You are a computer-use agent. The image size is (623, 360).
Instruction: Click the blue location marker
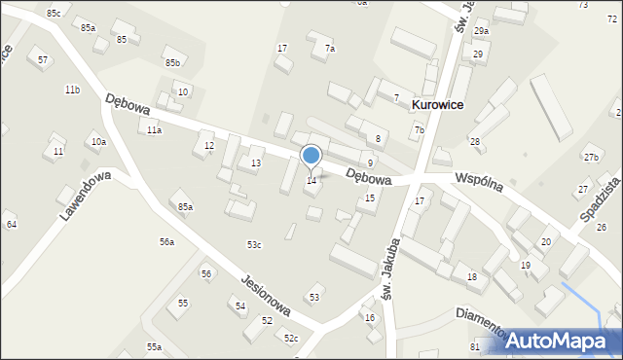coord(311,156)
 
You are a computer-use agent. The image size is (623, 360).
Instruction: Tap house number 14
coord(311,181)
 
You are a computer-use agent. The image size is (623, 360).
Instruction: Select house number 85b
coord(172,63)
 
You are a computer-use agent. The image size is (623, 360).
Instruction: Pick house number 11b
coord(72,90)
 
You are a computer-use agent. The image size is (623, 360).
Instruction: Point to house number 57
coord(43,60)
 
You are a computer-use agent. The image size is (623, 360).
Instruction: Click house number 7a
coord(330,49)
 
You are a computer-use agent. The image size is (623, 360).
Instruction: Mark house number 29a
coord(481,31)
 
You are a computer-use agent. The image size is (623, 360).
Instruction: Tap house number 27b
coord(591,158)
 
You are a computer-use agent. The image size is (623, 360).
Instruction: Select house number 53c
coord(254,244)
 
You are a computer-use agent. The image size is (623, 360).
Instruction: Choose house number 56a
coord(166,241)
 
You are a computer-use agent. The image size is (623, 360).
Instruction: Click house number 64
coord(12,225)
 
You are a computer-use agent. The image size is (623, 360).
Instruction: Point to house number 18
coord(471,277)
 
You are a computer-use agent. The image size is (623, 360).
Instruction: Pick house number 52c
coord(290,338)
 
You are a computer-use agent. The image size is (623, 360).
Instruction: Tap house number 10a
coord(98,142)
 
